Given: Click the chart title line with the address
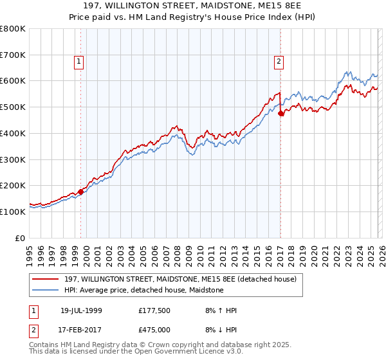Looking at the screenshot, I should click(x=193, y=6).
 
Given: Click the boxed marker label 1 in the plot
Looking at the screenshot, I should click(x=78, y=62).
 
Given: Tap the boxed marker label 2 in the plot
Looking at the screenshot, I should click(x=279, y=62).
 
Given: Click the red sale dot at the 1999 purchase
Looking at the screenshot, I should click(x=81, y=192).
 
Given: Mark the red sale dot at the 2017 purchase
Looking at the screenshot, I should click(x=281, y=114).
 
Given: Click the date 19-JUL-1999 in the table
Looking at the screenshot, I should click(x=81, y=310).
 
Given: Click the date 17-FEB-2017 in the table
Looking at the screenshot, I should click(x=81, y=329).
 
